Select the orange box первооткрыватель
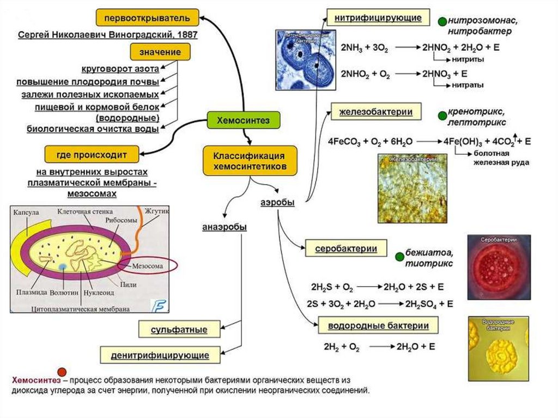(x=147, y=18)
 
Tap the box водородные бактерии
(x=378, y=326)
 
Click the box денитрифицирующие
(x=160, y=355)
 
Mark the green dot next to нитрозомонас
(x=441, y=22)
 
